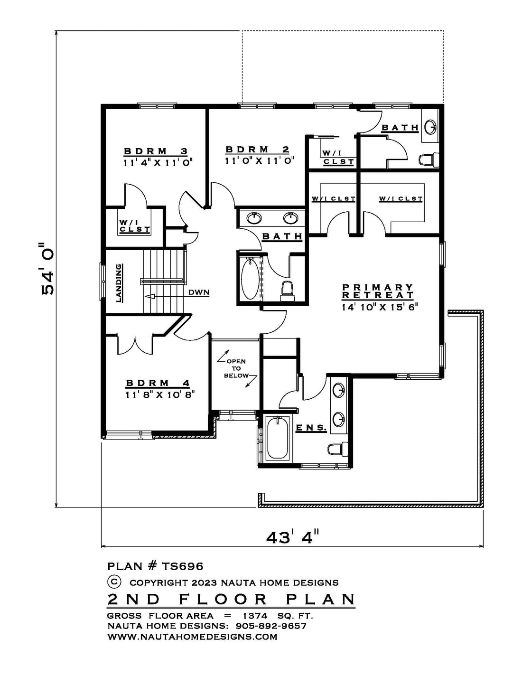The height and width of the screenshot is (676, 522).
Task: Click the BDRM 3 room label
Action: pos(156,151)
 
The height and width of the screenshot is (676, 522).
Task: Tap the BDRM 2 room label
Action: pos(257,150)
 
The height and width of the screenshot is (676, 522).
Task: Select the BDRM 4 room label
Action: pos(158,383)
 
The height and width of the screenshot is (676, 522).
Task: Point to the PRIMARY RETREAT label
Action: pos(378,291)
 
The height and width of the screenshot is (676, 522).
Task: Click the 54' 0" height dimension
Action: pos(48,269)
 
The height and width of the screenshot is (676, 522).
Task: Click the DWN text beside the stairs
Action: pos(199,292)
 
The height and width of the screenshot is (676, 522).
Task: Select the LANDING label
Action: pos(119,283)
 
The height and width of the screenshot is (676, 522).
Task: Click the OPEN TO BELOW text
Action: pos(237,368)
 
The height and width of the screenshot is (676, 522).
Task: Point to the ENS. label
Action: pos(311,428)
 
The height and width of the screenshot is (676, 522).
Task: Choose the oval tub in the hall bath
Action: pos(250,279)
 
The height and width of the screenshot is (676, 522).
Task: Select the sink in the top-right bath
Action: pos(431,126)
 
